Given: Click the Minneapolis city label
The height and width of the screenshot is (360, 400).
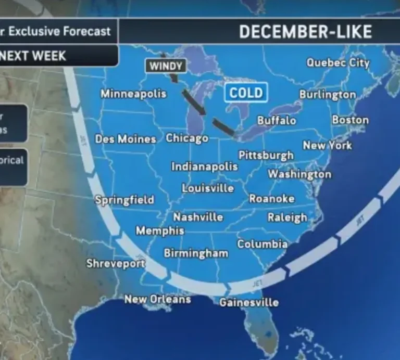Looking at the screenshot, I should click(133, 94).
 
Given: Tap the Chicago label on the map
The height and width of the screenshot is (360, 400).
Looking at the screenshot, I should click(187, 138).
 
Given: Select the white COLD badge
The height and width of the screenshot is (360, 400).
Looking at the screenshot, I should click(246, 94).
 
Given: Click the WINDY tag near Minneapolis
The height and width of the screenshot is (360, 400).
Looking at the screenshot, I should click(166, 66).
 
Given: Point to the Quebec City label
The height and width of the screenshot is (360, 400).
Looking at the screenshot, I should click(337, 63).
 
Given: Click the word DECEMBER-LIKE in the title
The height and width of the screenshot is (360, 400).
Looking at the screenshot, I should click(305, 32).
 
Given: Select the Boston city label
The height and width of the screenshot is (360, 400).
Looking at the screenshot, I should click(350, 120).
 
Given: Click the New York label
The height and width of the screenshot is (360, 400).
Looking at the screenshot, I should click(327, 146).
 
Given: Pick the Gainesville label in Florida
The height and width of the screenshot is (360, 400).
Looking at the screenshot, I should click(249, 302).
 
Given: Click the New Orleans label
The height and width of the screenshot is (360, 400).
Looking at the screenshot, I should click(157, 299).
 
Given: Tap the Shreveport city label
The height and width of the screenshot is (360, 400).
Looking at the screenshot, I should click(115, 264).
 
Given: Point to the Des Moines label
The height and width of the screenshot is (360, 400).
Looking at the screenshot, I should click(125, 139).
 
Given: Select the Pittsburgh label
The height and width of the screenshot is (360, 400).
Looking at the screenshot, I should click(266, 156).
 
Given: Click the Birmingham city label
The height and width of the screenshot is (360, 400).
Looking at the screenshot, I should click(196, 253).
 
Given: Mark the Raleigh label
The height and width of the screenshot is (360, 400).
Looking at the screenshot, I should click(287, 217).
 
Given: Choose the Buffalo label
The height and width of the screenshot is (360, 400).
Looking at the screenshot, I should click(277, 121).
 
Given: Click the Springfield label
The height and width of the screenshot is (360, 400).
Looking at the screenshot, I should click(124, 200).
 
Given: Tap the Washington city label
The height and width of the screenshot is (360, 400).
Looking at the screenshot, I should click(299, 174).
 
